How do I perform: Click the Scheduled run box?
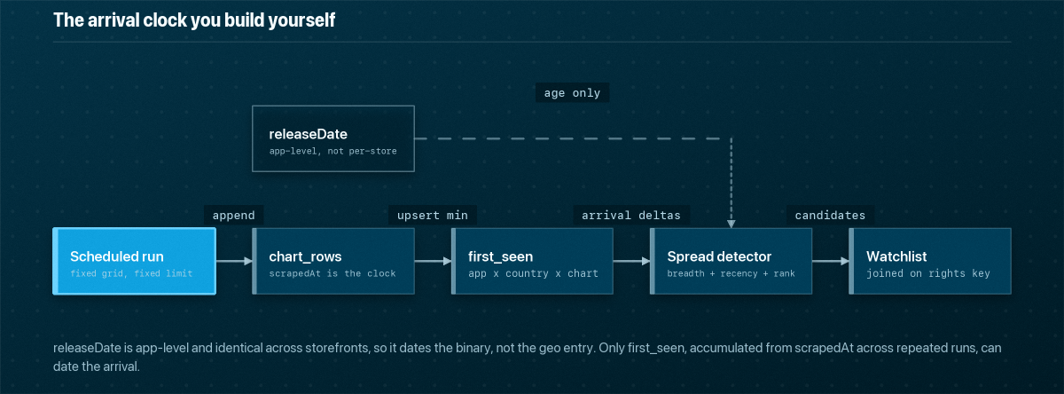[135, 261]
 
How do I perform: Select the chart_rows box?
[333, 261]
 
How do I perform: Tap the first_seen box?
[532, 261]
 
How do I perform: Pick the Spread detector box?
[731, 261]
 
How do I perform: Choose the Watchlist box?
[930, 261]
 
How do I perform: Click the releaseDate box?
[333, 138]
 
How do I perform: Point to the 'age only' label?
[573, 92]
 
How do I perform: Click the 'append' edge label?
[234, 216]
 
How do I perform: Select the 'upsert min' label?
[433, 216]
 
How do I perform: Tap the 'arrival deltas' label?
[631, 216]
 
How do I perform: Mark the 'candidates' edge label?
[830, 216]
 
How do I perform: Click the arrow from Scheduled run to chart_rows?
[234, 261]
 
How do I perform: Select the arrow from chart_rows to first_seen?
[433, 261]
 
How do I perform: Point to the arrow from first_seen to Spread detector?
[631, 261]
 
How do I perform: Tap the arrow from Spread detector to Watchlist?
[831, 261]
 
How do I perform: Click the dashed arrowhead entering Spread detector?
[731, 224]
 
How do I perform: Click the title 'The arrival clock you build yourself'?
[194, 20]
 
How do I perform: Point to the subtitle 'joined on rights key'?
[928, 273]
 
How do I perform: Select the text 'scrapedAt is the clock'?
[332, 273]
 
